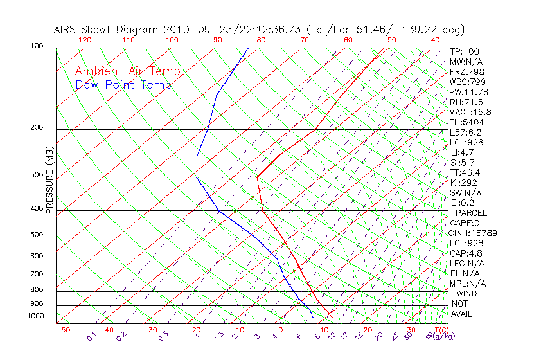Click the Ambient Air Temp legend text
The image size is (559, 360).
click(x=127, y=71)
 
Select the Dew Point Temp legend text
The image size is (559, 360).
click(x=123, y=85)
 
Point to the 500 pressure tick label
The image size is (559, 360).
click(x=36, y=235)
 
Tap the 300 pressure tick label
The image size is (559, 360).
click(x=36, y=175)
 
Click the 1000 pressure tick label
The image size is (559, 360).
click(x=35, y=316)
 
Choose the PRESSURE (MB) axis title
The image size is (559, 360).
click(x=49, y=182)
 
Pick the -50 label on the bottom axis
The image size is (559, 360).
click(x=62, y=330)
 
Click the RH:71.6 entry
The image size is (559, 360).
click(x=466, y=102)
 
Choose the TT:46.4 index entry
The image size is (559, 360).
click(x=466, y=172)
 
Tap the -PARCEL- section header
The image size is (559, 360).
click(x=472, y=213)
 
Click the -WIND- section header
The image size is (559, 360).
click(x=468, y=293)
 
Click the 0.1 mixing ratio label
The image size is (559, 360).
click(x=91, y=336)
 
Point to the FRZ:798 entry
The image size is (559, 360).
click(x=467, y=72)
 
